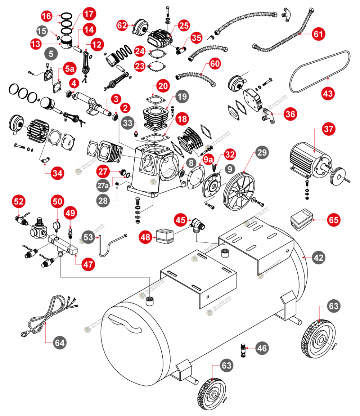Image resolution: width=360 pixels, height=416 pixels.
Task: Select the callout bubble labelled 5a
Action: click(x=70, y=68)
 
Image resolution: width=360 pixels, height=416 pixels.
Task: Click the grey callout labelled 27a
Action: click(x=103, y=185)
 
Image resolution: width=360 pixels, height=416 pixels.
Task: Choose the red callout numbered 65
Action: click(x=334, y=219)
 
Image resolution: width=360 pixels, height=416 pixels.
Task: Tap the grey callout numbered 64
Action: click(x=60, y=343)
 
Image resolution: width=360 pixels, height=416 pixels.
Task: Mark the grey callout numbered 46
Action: click(x=262, y=348)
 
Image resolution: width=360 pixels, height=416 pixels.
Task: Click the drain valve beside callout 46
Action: click(x=244, y=350)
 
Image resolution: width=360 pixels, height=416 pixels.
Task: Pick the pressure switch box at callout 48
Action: click(x=164, y=235)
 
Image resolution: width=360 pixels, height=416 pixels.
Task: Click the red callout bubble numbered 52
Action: click(x=19, y=201)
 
